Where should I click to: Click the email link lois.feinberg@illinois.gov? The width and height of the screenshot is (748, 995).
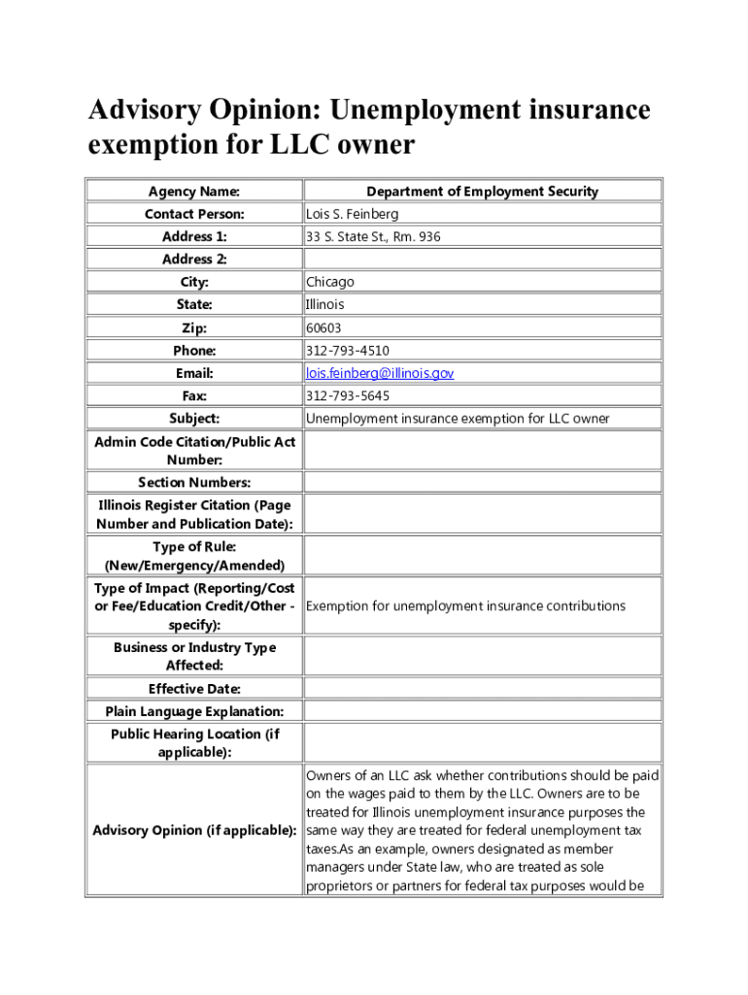pos(380,373)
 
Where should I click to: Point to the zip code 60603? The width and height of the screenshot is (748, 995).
pos(323,328)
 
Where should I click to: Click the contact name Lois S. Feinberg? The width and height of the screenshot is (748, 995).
pos(352,214)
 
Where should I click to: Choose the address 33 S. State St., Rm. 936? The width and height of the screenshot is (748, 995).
pos(373,236)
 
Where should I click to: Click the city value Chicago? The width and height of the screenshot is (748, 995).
pos(330,282)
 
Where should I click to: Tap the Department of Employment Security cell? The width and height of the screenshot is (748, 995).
pos(482,191)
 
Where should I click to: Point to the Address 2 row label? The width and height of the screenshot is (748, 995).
pos(194,259)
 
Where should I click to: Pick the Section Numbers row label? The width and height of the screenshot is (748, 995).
pos(194,483)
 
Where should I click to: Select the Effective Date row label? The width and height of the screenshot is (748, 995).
pos(194,689)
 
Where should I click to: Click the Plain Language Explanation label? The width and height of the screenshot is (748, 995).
pos(194,711)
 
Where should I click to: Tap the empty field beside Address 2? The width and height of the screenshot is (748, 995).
pos(482,259)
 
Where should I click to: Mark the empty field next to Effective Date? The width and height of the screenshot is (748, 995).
pos(482,689)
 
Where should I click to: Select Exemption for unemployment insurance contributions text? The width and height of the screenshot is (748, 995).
pos(465,606)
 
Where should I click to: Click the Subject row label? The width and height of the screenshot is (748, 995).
pos(194,419)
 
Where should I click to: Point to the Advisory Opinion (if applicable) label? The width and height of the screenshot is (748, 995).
pos(194,830)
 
